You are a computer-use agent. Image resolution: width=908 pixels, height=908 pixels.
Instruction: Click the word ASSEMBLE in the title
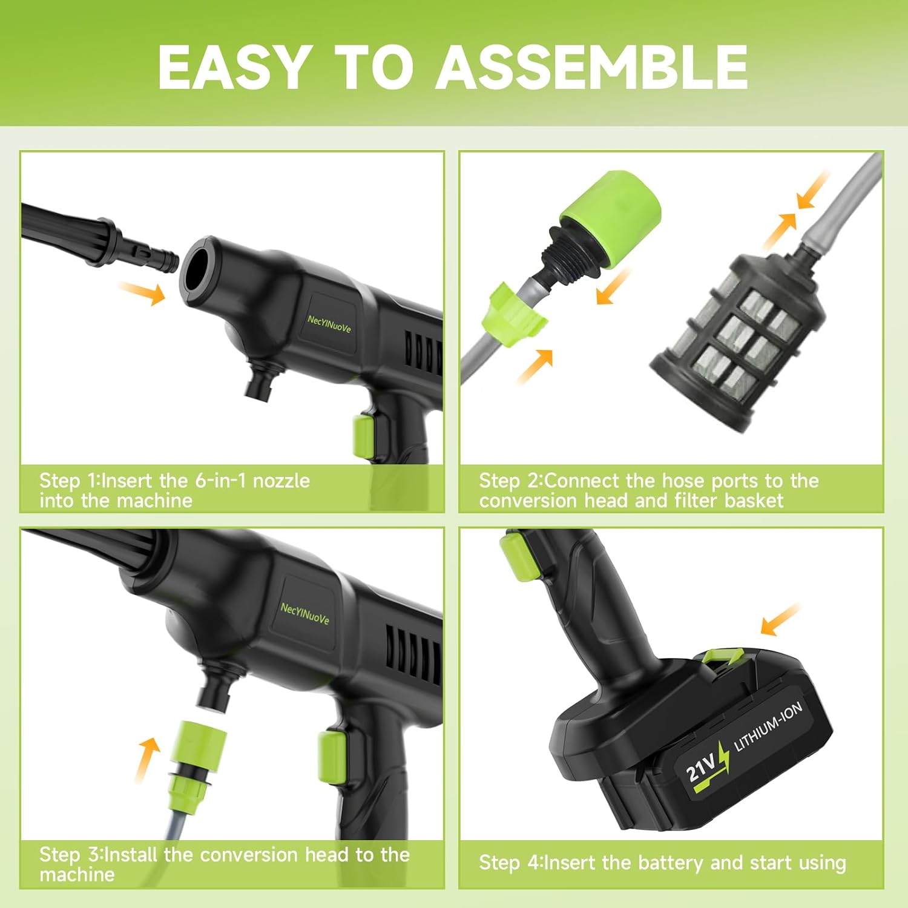(x=591, y=67)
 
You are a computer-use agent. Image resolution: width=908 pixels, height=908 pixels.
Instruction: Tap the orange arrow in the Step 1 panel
(x=143, y=294)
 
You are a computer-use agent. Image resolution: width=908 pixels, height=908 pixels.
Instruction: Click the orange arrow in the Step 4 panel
(x=780, y=620)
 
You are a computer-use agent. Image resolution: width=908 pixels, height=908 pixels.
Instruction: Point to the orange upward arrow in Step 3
(x=146, y=760)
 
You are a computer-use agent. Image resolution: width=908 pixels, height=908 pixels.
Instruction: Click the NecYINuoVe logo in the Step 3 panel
(x=304, y=613)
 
